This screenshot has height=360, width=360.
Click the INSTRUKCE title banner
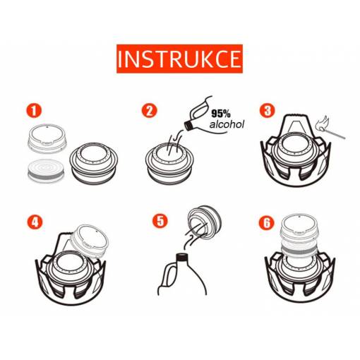point(179,59)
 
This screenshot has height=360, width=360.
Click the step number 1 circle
point(34,111)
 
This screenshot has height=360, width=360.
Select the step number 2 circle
point(150,111)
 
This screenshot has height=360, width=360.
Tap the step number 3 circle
point(268,111)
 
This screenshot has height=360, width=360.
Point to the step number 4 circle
point(35,222)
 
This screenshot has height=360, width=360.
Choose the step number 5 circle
point(160,221)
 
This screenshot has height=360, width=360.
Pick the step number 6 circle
point(267,223)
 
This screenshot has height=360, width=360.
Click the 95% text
point(221,114)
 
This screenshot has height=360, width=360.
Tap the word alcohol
point(227,124)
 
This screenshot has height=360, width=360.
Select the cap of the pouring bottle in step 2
point(188,126)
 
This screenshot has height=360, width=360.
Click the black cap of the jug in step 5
point(182,257)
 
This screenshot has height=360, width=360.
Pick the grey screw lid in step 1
point(47,138)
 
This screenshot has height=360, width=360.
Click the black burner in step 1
point(94,163)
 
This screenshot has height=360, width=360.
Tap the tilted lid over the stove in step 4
point(90,241)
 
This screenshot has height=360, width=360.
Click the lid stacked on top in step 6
point(299,227)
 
